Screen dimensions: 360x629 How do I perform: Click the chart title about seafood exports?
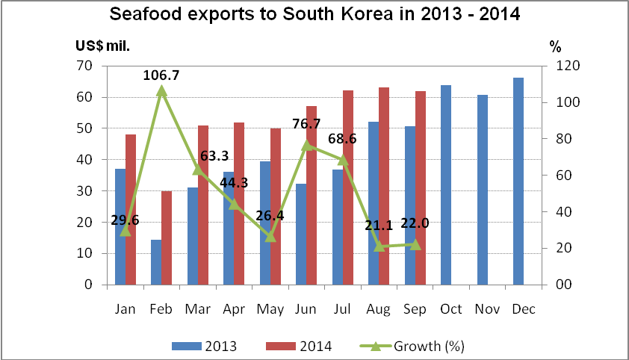314,14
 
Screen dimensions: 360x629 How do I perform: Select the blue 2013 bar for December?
518,181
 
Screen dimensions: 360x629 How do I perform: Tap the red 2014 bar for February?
167,238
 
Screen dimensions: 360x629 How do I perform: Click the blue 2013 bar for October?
446,185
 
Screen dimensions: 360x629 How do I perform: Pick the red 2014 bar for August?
384,186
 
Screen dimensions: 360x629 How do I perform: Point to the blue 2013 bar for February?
156,262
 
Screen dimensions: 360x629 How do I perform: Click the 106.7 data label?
161,75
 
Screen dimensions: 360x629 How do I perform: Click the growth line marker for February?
161,91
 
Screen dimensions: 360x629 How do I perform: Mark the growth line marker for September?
415,244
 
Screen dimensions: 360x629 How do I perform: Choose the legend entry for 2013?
205,346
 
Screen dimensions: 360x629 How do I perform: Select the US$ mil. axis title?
102,46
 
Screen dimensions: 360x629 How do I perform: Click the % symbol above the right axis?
555,46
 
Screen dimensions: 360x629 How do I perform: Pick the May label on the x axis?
270,308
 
